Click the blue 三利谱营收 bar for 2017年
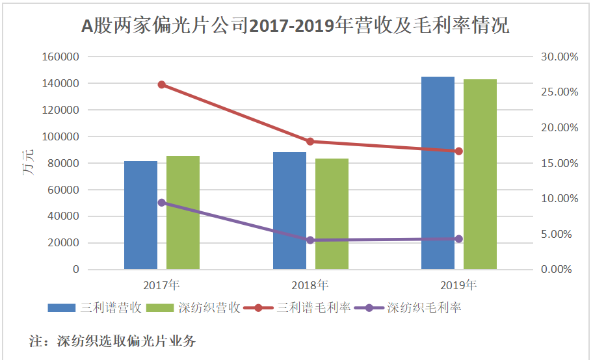[141, 215]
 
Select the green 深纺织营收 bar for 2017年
[183, 212]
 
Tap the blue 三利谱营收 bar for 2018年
[289, 211]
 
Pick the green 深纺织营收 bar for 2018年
[332, 214]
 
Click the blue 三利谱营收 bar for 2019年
[438, 173]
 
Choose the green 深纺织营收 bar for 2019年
[480, 174]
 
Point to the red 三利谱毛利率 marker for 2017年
[162, 84]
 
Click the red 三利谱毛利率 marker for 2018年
[310, 142]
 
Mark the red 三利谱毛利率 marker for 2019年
[459, 151]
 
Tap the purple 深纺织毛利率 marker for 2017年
[162, 203]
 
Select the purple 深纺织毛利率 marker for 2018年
[310, 240]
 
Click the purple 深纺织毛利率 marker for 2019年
[459, 239]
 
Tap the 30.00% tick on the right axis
[559, 57]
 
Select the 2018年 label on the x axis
[310, 285]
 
